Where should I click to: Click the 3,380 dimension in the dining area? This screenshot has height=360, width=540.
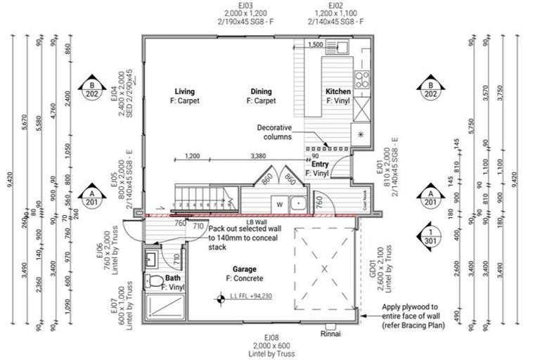(x=259, y=156)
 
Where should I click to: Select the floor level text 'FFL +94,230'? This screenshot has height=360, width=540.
(x=250, y=297)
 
